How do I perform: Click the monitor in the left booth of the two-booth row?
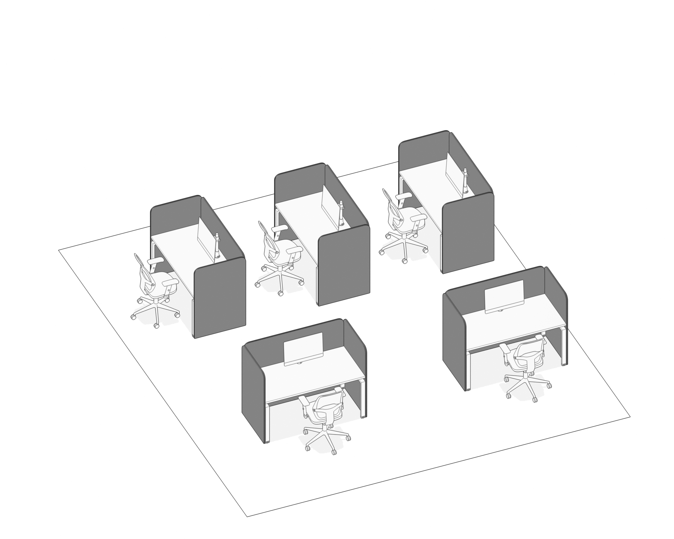pyautogui.click(x=304, y=349)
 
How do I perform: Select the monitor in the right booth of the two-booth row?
pyautogui.click(x=504, y=296)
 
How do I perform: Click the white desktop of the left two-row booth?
pyautogui.click(x=313, y=379)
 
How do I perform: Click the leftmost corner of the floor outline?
pyautogui.click(x=59, y=250)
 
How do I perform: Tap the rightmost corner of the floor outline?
pyautogui.click(x=630, y=417)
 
